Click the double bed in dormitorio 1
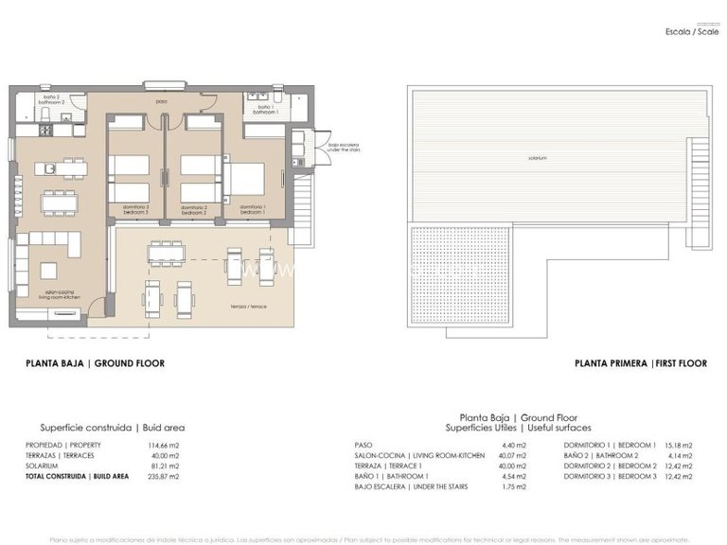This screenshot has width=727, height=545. (244, 178)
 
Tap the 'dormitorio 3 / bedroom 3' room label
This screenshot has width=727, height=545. (135, 209)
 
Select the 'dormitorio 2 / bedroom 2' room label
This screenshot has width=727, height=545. (194, 209)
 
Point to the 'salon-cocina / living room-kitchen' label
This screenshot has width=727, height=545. (62, 295)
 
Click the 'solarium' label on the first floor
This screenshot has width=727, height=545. (538, 158)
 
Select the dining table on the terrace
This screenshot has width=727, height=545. (166, 253)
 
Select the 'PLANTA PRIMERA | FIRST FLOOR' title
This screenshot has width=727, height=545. (628, 363)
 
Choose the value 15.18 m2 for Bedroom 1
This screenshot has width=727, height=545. (679, 445)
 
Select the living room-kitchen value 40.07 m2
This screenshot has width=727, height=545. (499, 455)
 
